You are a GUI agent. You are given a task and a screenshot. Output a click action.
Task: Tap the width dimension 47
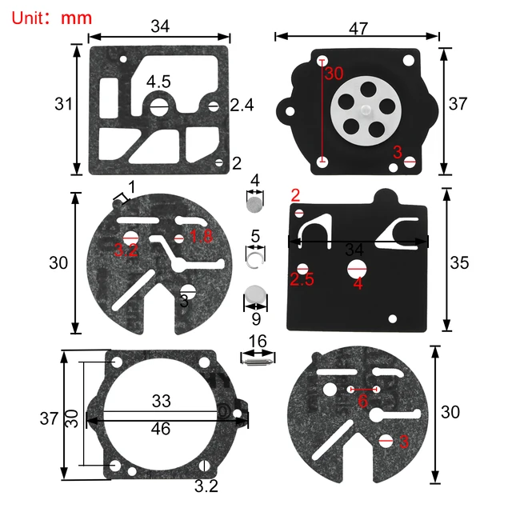[x=358, y=28]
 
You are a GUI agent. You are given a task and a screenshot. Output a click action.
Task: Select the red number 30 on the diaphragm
[x=334, y=73]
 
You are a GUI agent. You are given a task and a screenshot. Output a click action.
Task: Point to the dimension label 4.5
[x=158, y=82]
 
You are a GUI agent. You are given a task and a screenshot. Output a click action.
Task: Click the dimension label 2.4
[x=242, y=105]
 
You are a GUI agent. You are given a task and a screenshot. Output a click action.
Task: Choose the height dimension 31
[x=65, y=104]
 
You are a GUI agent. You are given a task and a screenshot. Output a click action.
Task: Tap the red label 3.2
[x=126, y=251]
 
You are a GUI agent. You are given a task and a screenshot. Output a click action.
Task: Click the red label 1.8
[x=201, y=236]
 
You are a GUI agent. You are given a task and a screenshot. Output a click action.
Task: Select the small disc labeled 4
[x=254, y=206]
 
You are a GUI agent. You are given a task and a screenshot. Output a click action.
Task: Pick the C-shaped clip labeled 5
[x=255, y=256]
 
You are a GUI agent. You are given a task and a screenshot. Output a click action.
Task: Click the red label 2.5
[x=302, y=280]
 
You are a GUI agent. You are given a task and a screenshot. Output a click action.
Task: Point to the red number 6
[x=362, y=402]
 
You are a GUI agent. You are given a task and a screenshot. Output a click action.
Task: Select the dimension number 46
[x=160, y=429]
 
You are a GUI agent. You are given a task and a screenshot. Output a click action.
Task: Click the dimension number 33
[x=161, y=399]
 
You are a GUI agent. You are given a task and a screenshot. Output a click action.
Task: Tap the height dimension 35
[x=459, y=262]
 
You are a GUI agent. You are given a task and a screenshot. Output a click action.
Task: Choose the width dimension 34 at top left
[x=160, y=26]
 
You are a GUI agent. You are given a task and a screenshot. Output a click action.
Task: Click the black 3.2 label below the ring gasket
[x=206, y=486]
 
